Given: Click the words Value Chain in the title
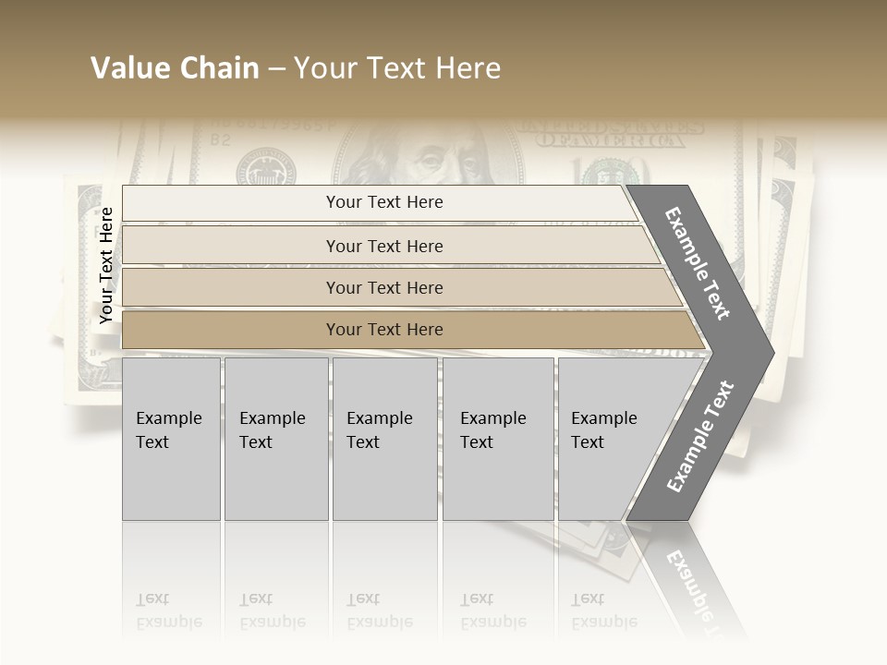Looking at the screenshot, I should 175,68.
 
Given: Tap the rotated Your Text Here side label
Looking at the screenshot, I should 106,265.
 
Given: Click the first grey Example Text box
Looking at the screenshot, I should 171,439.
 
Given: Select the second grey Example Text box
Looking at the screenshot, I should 275,439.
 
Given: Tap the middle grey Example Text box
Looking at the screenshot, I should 384,439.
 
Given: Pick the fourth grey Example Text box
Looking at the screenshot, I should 498,439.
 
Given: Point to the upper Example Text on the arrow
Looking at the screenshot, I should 697,263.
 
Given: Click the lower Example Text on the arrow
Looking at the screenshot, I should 700,436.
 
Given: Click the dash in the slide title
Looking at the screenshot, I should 276,69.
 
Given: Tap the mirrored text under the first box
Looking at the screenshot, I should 169,610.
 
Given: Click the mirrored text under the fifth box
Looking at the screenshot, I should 603,610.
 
